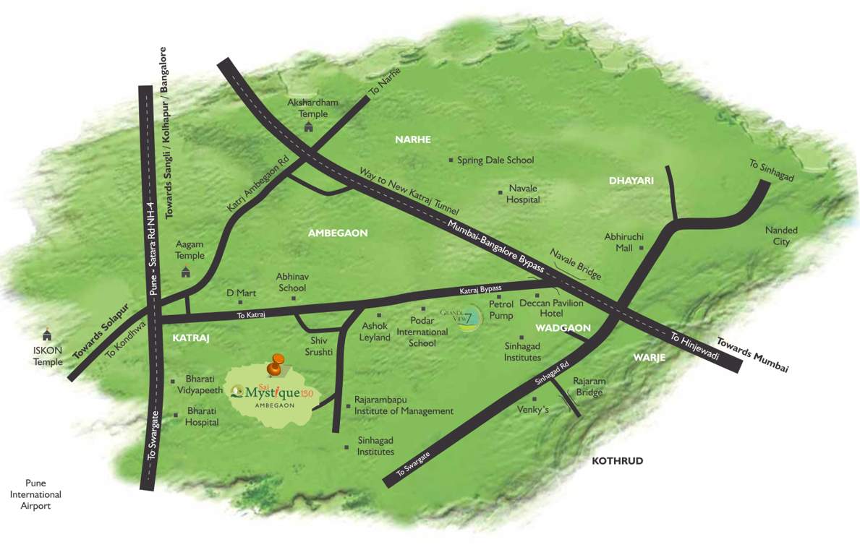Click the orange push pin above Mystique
[x=275, y=365]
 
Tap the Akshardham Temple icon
[x=310, y=127]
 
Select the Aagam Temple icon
[x=186, y=272]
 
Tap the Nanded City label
[x=781, y=236]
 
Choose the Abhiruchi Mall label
[x=623, y=241]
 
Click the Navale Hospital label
[x=523, y=194]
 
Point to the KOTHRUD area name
[x=617, y=461]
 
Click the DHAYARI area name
[x=631, y=181]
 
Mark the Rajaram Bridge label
[x=589, y=387]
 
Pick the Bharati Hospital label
[x=202, y=416]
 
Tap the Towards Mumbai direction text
[x=752, y=355]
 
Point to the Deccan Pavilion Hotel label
[x=551, y=309]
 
